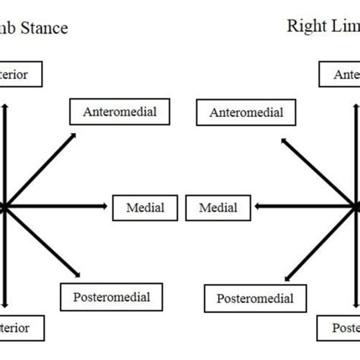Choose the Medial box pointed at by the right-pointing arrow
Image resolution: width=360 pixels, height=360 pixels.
pos(144,207)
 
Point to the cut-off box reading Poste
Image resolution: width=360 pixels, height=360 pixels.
pos(342,329)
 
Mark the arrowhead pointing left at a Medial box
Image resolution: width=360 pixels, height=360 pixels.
pos(260,206)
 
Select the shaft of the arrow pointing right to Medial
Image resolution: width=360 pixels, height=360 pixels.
pos(53,206)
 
